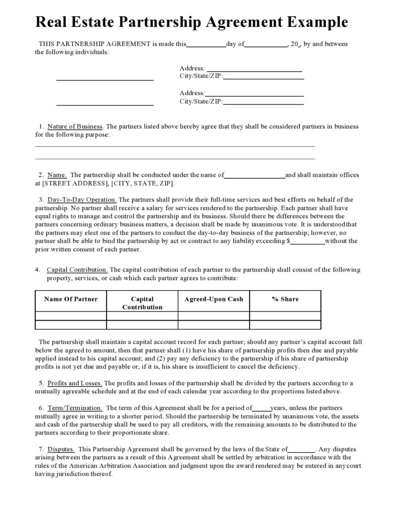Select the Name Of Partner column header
pyautogui.click(x=71, y=299)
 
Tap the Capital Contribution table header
pyautogui.click(x=142, y=303)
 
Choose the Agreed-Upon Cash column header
pyautogui.click(x=214, y=299)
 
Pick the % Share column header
pyautogui.click(x=285, y=299)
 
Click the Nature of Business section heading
pyautogui.click(x=75, y=126)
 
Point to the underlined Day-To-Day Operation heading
pyautogui.click(x=82, y=199)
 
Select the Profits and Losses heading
pyautogui.click(x=75, y=383)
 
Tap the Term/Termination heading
pyautogui.click(x=75, y=408)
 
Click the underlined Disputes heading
pyautogui.click(x=61, y=449)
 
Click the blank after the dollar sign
pyautogui.click(x=308, y=241)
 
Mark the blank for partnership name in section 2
pyautogui.click(x=255, y=175)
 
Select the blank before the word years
pyautogui.click(x=261, y=408)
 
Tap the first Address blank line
pyautogui.click(x=255, y=69)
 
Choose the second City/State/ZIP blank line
pyautogui.click(x=263, y=101)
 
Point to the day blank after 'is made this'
pyautogui.click(x=206, y=44)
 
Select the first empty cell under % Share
pyautogui.click(x=285, y=316)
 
